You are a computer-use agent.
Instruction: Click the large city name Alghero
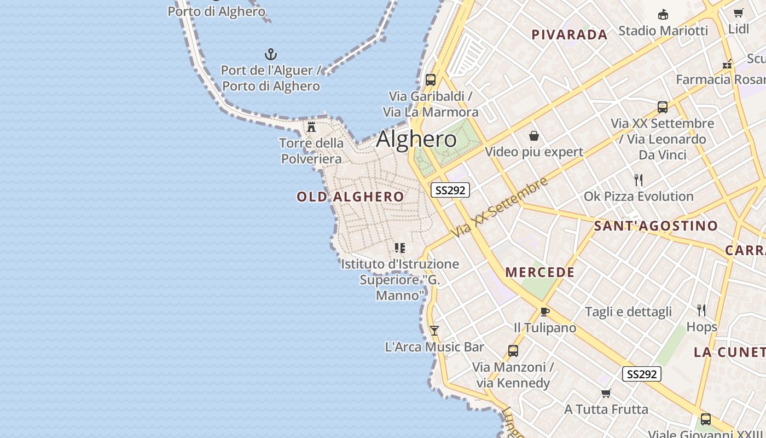416,139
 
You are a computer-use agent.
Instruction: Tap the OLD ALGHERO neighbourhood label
350,197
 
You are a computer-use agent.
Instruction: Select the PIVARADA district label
570,35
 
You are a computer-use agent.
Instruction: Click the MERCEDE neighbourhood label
539,272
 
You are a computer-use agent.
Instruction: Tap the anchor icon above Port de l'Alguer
271,54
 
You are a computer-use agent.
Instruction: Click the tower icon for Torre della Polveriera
311,127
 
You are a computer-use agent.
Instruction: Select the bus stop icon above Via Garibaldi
431,80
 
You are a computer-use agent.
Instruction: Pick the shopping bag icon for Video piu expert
534,136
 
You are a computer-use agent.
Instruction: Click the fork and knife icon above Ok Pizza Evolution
638,180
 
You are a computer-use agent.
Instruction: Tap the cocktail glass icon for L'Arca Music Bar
434,330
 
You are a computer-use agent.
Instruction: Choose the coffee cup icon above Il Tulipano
544,312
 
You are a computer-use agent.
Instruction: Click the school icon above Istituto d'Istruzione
400,248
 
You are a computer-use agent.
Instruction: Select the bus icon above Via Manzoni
513,351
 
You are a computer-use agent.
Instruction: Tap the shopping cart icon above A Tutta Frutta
606,393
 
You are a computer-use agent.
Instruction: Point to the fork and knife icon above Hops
701,310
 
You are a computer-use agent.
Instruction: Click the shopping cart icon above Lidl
739,13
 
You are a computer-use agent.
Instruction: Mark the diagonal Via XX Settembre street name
499,207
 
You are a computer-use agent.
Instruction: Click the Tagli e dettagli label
628,312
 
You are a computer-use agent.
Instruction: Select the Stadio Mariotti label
663,31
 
